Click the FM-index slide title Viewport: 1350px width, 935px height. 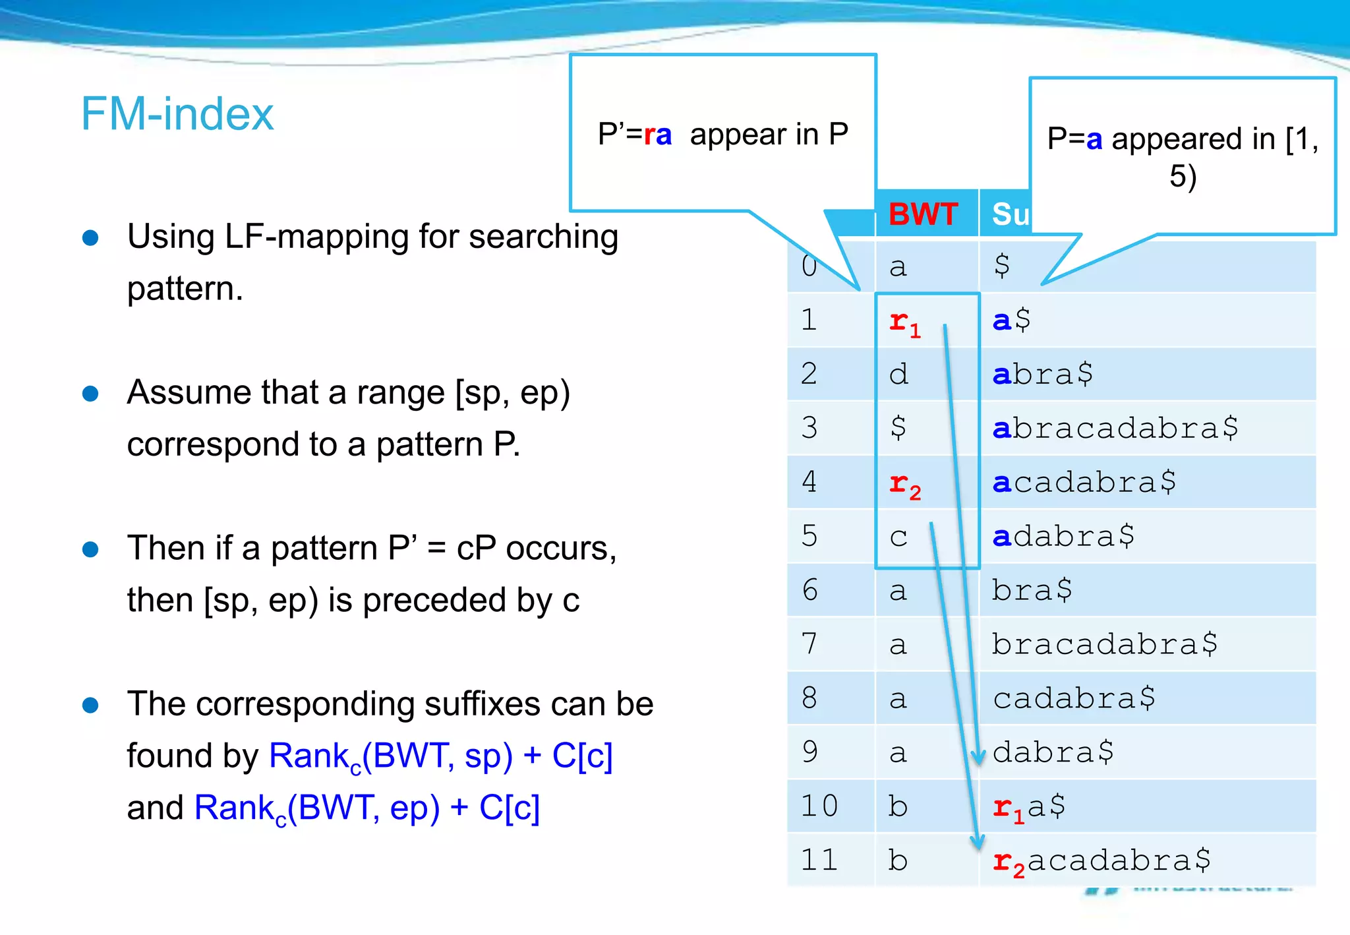[177, 114]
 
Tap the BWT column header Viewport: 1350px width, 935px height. [923, 214]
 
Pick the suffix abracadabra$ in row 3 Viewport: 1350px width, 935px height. [1115, 428]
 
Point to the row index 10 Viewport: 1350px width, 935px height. [819, 806]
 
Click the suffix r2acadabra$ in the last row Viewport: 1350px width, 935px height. [1101, 860]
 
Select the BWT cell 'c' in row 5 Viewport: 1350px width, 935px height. [898, 537]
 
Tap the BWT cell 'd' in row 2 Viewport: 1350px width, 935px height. [898, 374]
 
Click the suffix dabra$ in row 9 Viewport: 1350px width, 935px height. [1053, 752]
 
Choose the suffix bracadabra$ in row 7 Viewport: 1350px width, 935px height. [1105, 644]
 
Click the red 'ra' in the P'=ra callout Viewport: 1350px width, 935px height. [657, 135]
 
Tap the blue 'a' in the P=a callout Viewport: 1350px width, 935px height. [1094, 140]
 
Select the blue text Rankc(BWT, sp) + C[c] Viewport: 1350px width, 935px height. [440, 756]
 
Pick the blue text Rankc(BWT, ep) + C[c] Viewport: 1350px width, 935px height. [367, 808]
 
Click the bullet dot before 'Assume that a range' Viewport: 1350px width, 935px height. [90, 394]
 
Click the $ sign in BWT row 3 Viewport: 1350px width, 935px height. [898, 428]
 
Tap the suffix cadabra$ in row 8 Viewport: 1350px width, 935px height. [1074, 698]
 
